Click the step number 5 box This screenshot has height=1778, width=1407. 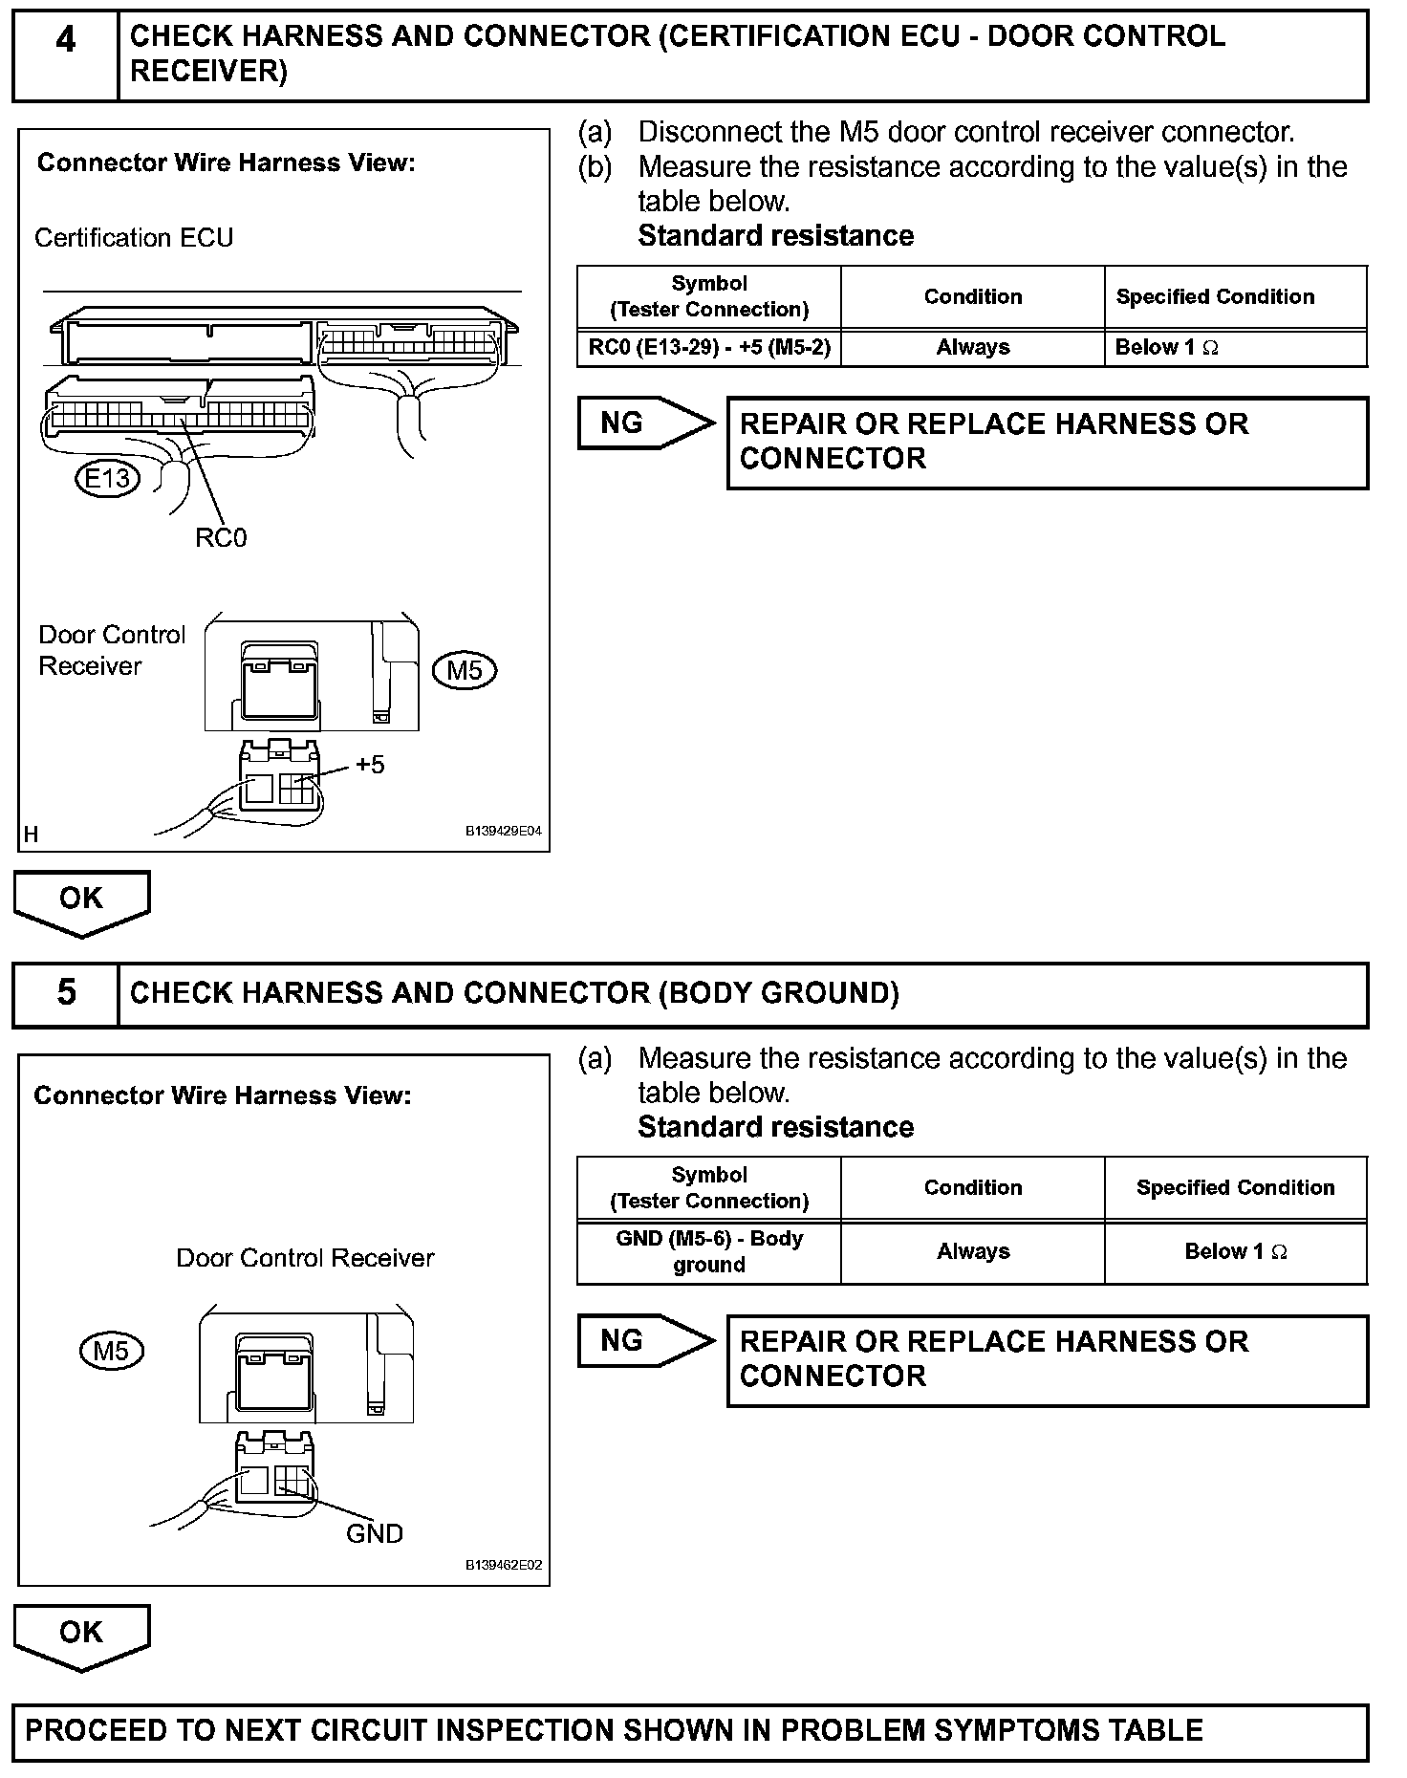tap(65, 993)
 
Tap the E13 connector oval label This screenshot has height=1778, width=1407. tap(107, 478)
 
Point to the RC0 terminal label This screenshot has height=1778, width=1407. tap(221, 538)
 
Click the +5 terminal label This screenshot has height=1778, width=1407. tap(370, 765)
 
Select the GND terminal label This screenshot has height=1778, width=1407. tap(375, 1534)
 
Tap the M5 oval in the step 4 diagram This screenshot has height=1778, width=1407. tap(465, 670)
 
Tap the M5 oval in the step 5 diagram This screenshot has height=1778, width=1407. tap(111, 1351)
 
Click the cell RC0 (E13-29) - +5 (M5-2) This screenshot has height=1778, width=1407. tap(709, 348)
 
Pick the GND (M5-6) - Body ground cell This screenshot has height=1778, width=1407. tap(709, 1251)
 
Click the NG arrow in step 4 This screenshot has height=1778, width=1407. tap(645, 423)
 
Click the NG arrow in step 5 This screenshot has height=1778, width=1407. tap(645, 1341)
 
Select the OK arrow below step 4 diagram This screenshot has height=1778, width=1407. tap(81, 900)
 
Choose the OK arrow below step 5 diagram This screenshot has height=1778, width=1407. tap(81, 1635)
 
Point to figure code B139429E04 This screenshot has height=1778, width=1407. tap(504, 831)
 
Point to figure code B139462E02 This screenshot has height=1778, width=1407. tap(504, 1565)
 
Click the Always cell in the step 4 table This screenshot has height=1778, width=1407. tap(973, 348)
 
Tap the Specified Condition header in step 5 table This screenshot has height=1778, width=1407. tap(1235, 1187)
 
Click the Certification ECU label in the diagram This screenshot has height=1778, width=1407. tap(134, 238)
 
